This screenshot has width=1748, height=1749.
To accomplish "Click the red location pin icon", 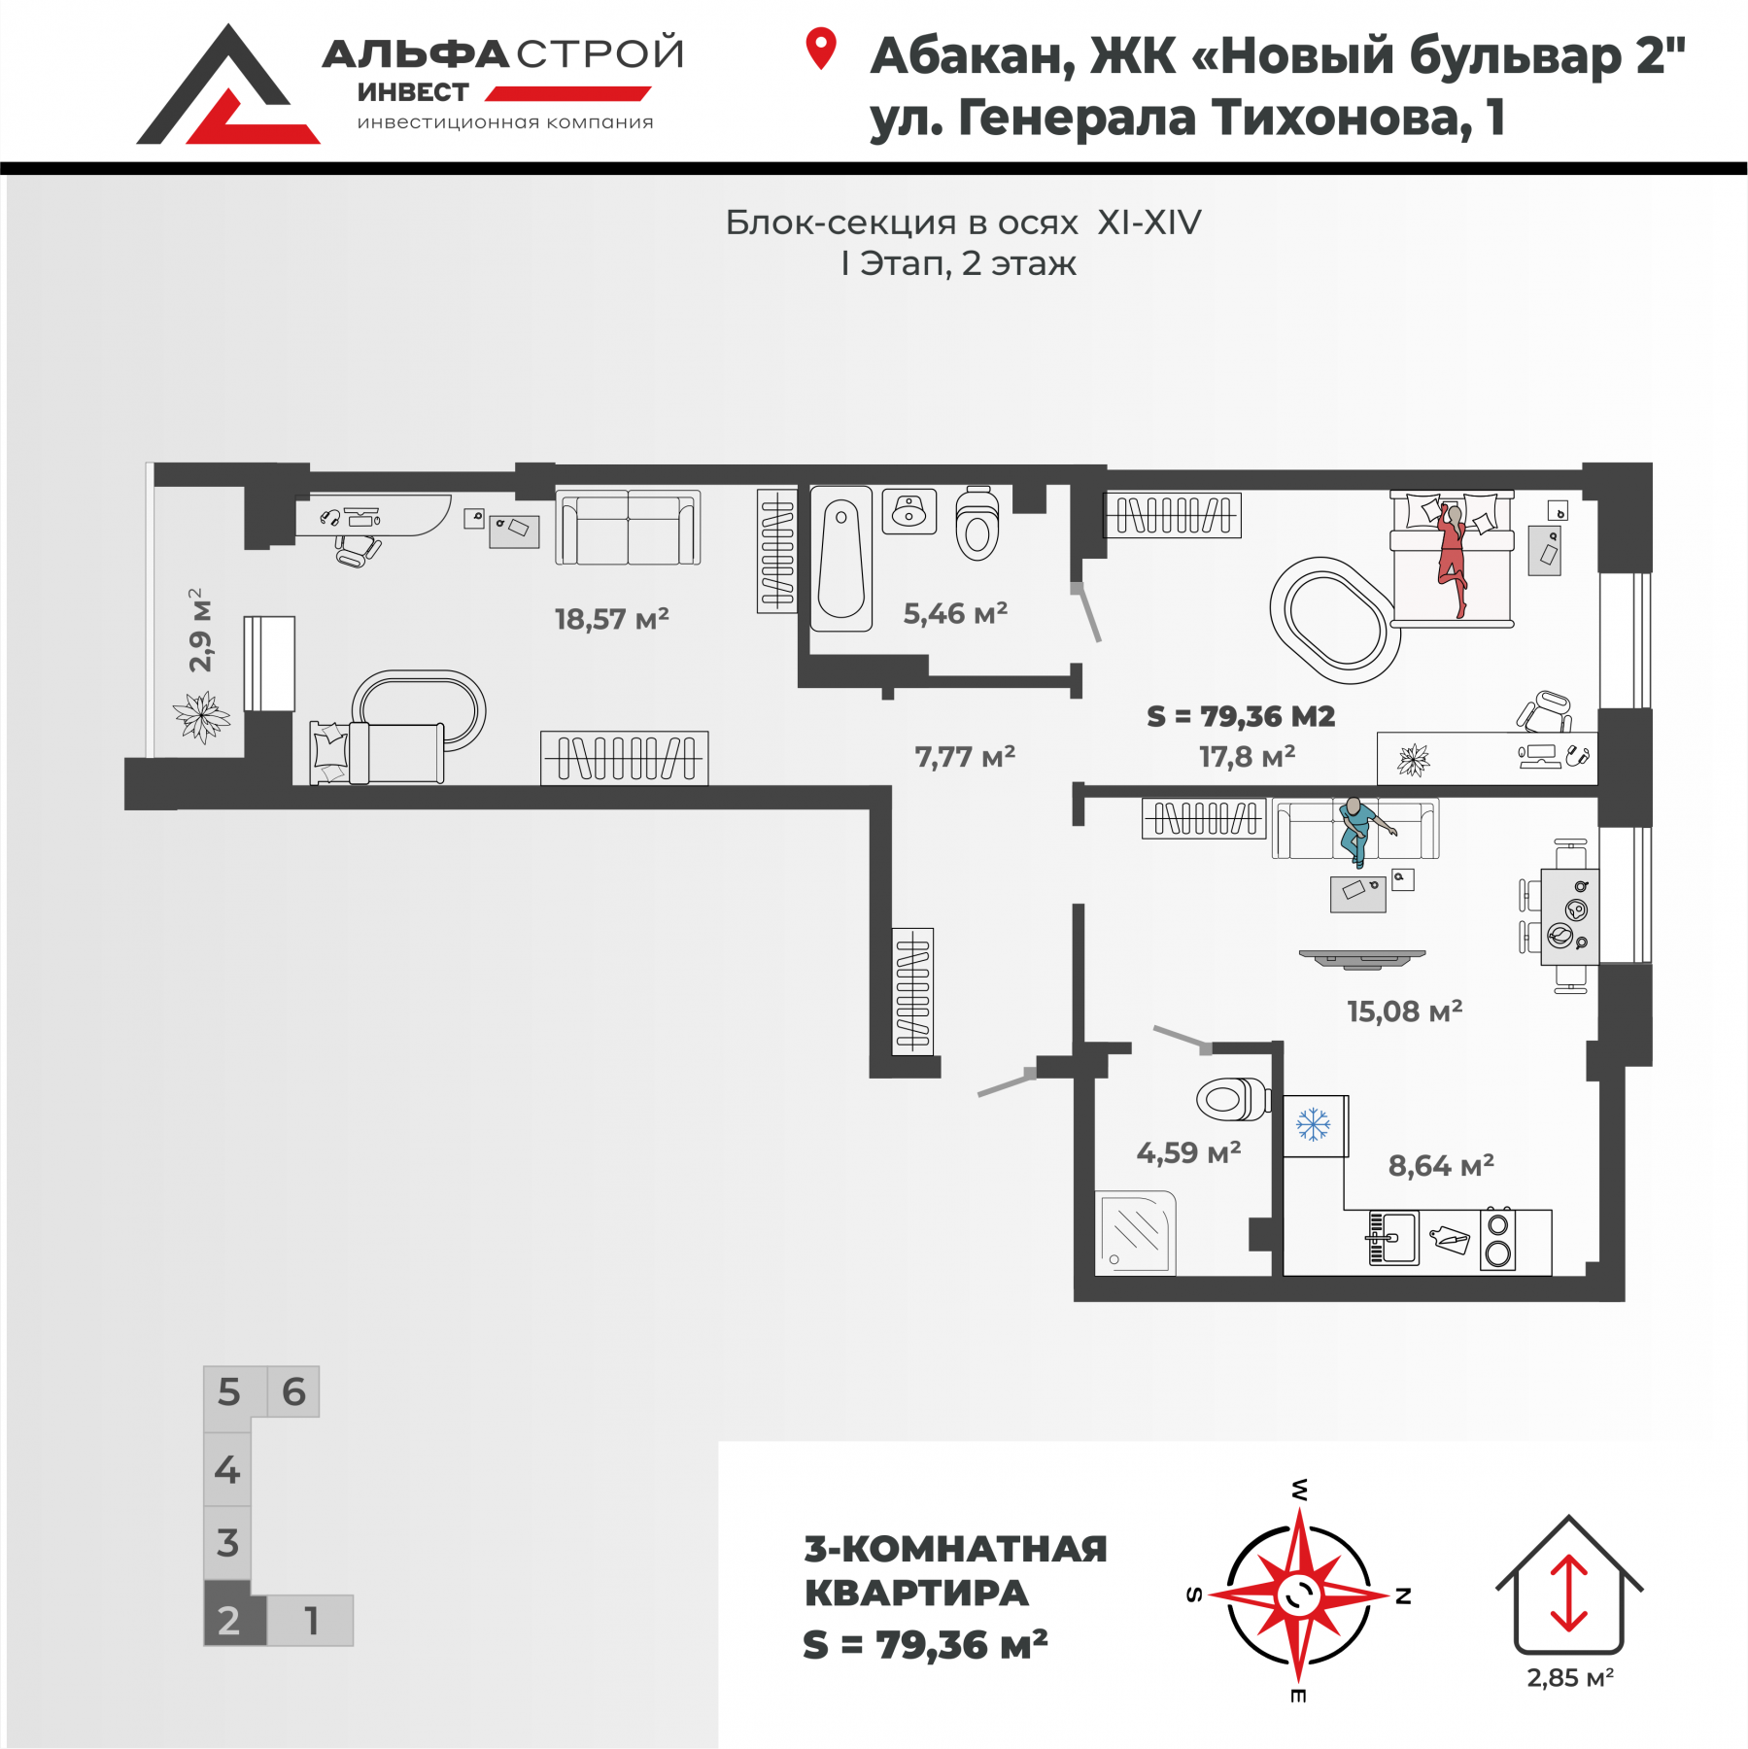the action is click(x=821, y=49).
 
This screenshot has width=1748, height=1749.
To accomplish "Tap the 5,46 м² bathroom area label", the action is click(x=955, y=613).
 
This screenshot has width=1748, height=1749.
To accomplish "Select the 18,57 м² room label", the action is click(x=611, y=619).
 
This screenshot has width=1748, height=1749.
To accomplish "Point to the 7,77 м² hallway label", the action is click(x=965, y=756).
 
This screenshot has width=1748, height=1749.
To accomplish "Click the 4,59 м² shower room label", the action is click(x=1188, y=1152).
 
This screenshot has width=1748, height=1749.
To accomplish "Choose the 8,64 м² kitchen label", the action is click(x=1441, y=1165).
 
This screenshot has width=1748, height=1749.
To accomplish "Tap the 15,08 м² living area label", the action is click(x=1404, y=1012).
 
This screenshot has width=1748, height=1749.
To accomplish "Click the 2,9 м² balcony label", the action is click(x=199, y=630).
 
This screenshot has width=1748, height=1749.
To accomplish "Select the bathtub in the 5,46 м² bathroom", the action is click(x=841, y=559).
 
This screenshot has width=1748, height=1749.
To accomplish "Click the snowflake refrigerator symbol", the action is click(x=1314, y=1125).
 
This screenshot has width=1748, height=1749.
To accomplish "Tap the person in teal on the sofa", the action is click(x=1360, y=830).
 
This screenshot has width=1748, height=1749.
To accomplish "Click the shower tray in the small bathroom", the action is click(x=1135, y=1233).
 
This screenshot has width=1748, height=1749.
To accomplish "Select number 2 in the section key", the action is click(x=228, y=1620).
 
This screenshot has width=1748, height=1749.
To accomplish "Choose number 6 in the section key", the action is click(x=293, y=1391).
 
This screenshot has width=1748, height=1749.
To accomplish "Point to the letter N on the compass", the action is click(x=1403, y=1595).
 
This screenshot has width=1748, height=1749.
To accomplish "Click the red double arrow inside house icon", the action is click(x=1568, y=1593).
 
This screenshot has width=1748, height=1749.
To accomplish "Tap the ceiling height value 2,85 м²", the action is click(x=1570, y=1678).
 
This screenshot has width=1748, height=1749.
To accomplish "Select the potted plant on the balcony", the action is click(x=201, y=717).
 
